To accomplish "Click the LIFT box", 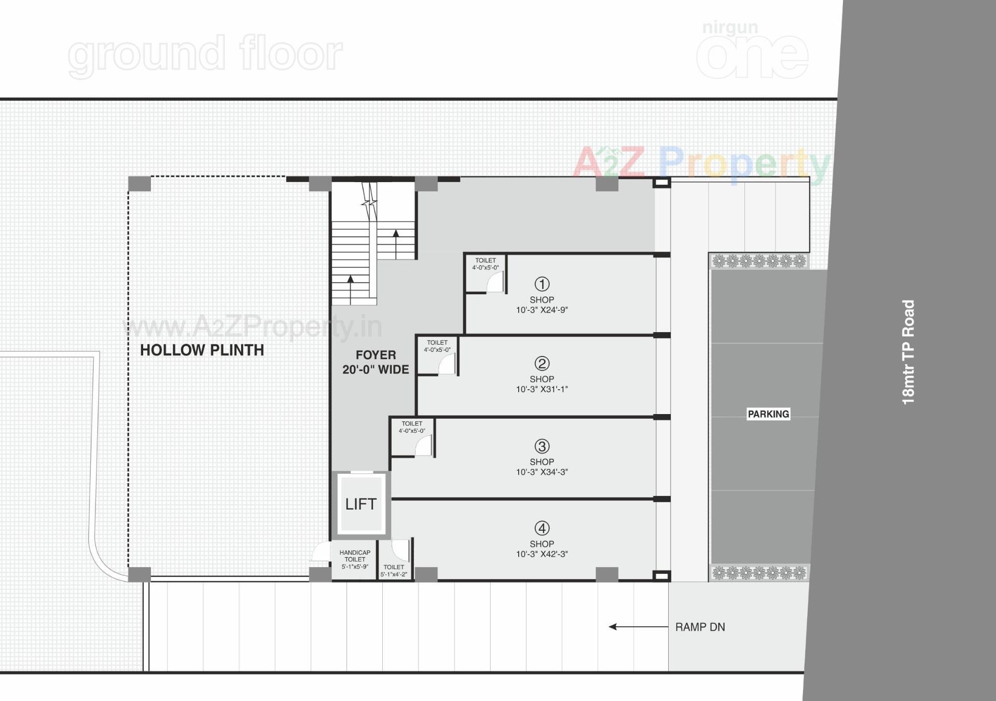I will pos(361,504).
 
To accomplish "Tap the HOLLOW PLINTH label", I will pos(202,350).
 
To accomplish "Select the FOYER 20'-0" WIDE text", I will pos(376,362).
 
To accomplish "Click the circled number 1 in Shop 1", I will pos(542,284).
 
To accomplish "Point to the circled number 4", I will pos(542,528).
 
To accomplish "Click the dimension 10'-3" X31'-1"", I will pos(542,389).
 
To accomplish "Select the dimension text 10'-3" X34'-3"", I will pos(542,472).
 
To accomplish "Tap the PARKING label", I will pos(768,414).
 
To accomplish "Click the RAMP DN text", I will pos(700,627).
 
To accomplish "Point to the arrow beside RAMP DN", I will pos(638,627).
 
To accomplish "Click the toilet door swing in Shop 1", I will pos(495,283).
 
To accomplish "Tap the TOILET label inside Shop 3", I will pos(412,424).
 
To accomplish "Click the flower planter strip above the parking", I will pos(759,261).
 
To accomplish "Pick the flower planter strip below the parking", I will pos(759,573).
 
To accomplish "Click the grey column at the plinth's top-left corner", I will pos(140,184).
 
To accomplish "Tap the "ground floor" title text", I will pos(205,54).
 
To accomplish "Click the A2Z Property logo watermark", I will pos(700,163).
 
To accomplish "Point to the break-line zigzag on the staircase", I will pos(370,202).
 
